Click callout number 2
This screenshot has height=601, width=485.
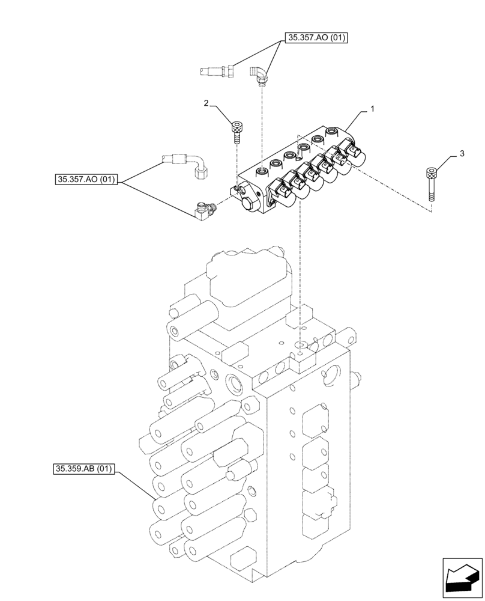coord(206,104)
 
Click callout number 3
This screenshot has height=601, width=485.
coord(461,154)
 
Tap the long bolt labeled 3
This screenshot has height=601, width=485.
coord(430,187)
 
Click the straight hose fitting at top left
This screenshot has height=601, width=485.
coord(216,72)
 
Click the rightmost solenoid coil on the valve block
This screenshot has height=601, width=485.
coord(359,156)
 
